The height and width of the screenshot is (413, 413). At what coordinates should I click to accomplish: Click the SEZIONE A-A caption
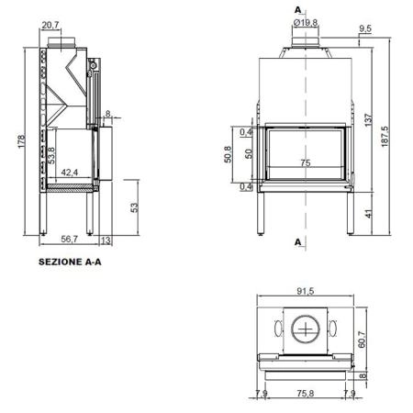pyautogui.click(x=70, y=262)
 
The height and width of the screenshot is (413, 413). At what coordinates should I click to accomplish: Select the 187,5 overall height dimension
pyautogui.click(x=385, y=137)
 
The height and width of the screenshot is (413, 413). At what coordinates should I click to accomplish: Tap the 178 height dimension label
pyautogui.click(x=21, y=141)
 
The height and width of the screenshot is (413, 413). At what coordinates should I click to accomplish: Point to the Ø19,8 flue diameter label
pyautogui.click(x=306, y=23)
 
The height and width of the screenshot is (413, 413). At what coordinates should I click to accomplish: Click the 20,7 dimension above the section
pyautogui.click(x=50, y=25)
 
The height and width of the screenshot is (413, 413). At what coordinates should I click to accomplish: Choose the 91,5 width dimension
pyautogui.click(x=306, y=291)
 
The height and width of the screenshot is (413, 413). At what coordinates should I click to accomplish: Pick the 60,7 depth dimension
pyautogui.click(x=362, y=339)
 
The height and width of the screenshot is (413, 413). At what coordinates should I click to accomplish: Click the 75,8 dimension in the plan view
pyautogui.click(x=306, y=394)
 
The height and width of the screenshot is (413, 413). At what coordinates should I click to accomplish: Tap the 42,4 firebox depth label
pyautogui.click(x=70, y=173)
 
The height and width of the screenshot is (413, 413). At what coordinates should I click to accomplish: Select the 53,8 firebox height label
pyautogui.click(x=51, y=156)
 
